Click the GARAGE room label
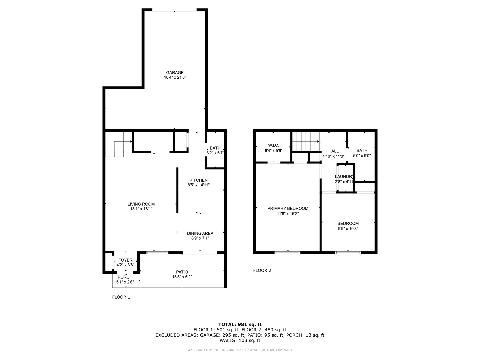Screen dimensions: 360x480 (x=175, y=73)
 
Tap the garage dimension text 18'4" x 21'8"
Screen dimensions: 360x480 (x=175, y=78)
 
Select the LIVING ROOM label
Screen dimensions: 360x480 (x=141, y=204)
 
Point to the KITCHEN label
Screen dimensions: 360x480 (x=198, y=180)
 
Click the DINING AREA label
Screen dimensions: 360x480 (x=200, y=233)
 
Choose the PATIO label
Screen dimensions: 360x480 (x=182, y=272)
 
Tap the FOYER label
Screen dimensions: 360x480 (x=125, y=260)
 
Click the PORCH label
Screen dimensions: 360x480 (x=125, y=277)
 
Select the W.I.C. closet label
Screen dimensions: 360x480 (x=273, y=145)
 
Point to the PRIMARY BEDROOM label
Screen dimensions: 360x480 (x=288, y=208)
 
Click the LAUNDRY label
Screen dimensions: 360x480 (x=344, y=177)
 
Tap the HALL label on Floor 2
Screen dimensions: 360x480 (x=333, y=151)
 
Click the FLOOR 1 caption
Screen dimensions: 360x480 (x=121, y=297)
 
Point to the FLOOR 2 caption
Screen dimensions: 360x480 (x=262, y=270)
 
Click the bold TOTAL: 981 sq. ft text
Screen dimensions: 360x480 (x=240, y=324)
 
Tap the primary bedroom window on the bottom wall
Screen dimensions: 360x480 (x=287, y=253)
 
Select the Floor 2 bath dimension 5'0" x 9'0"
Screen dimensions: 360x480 (x=362, y=156)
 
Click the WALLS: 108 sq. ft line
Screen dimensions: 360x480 (x=240, y=341)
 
